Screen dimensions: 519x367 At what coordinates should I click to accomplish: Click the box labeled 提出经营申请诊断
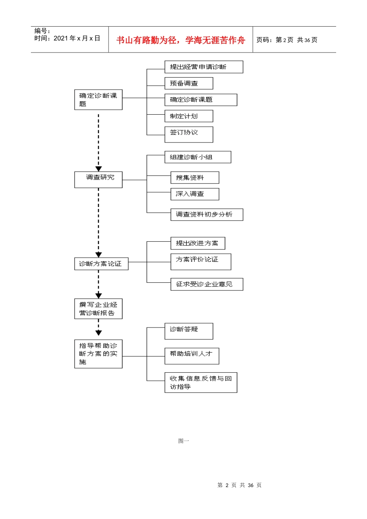[x=204, y=67]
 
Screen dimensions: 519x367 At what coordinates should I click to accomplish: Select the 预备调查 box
[x=189, y=83]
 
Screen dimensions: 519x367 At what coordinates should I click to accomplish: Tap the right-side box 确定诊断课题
[x=200, y=100]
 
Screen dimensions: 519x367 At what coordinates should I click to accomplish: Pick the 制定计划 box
[x=189, y=116]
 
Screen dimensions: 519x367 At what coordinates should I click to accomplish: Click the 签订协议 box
[x=189, y=134]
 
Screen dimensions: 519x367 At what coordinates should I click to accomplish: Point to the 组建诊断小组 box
[x=198, y=157]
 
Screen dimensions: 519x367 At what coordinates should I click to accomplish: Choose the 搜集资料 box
[x=195, y=178]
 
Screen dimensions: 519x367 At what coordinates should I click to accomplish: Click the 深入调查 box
[x=195, y=194]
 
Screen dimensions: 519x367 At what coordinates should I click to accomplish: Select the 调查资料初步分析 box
[x=207, y=215]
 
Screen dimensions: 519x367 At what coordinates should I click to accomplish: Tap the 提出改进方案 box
[x=198, y=243]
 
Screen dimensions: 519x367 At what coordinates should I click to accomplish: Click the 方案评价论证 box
[x=201, y=262]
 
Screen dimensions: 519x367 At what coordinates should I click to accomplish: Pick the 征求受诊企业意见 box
[x=207, y=284]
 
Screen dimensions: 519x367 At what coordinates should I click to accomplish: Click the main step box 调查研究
[x=99, y=180]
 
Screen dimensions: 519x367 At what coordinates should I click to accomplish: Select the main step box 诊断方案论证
[x=101, y=264]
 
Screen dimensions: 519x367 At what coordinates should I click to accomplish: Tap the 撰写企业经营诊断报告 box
[x=99, y=309]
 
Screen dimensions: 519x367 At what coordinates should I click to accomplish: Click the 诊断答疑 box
[x=189, y=331]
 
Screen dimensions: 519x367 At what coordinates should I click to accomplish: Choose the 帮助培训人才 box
[x=192, y=356]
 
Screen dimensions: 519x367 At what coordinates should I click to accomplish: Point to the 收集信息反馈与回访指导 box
[x=200, y=383]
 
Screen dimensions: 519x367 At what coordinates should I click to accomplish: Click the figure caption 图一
[x=183, y=441]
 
